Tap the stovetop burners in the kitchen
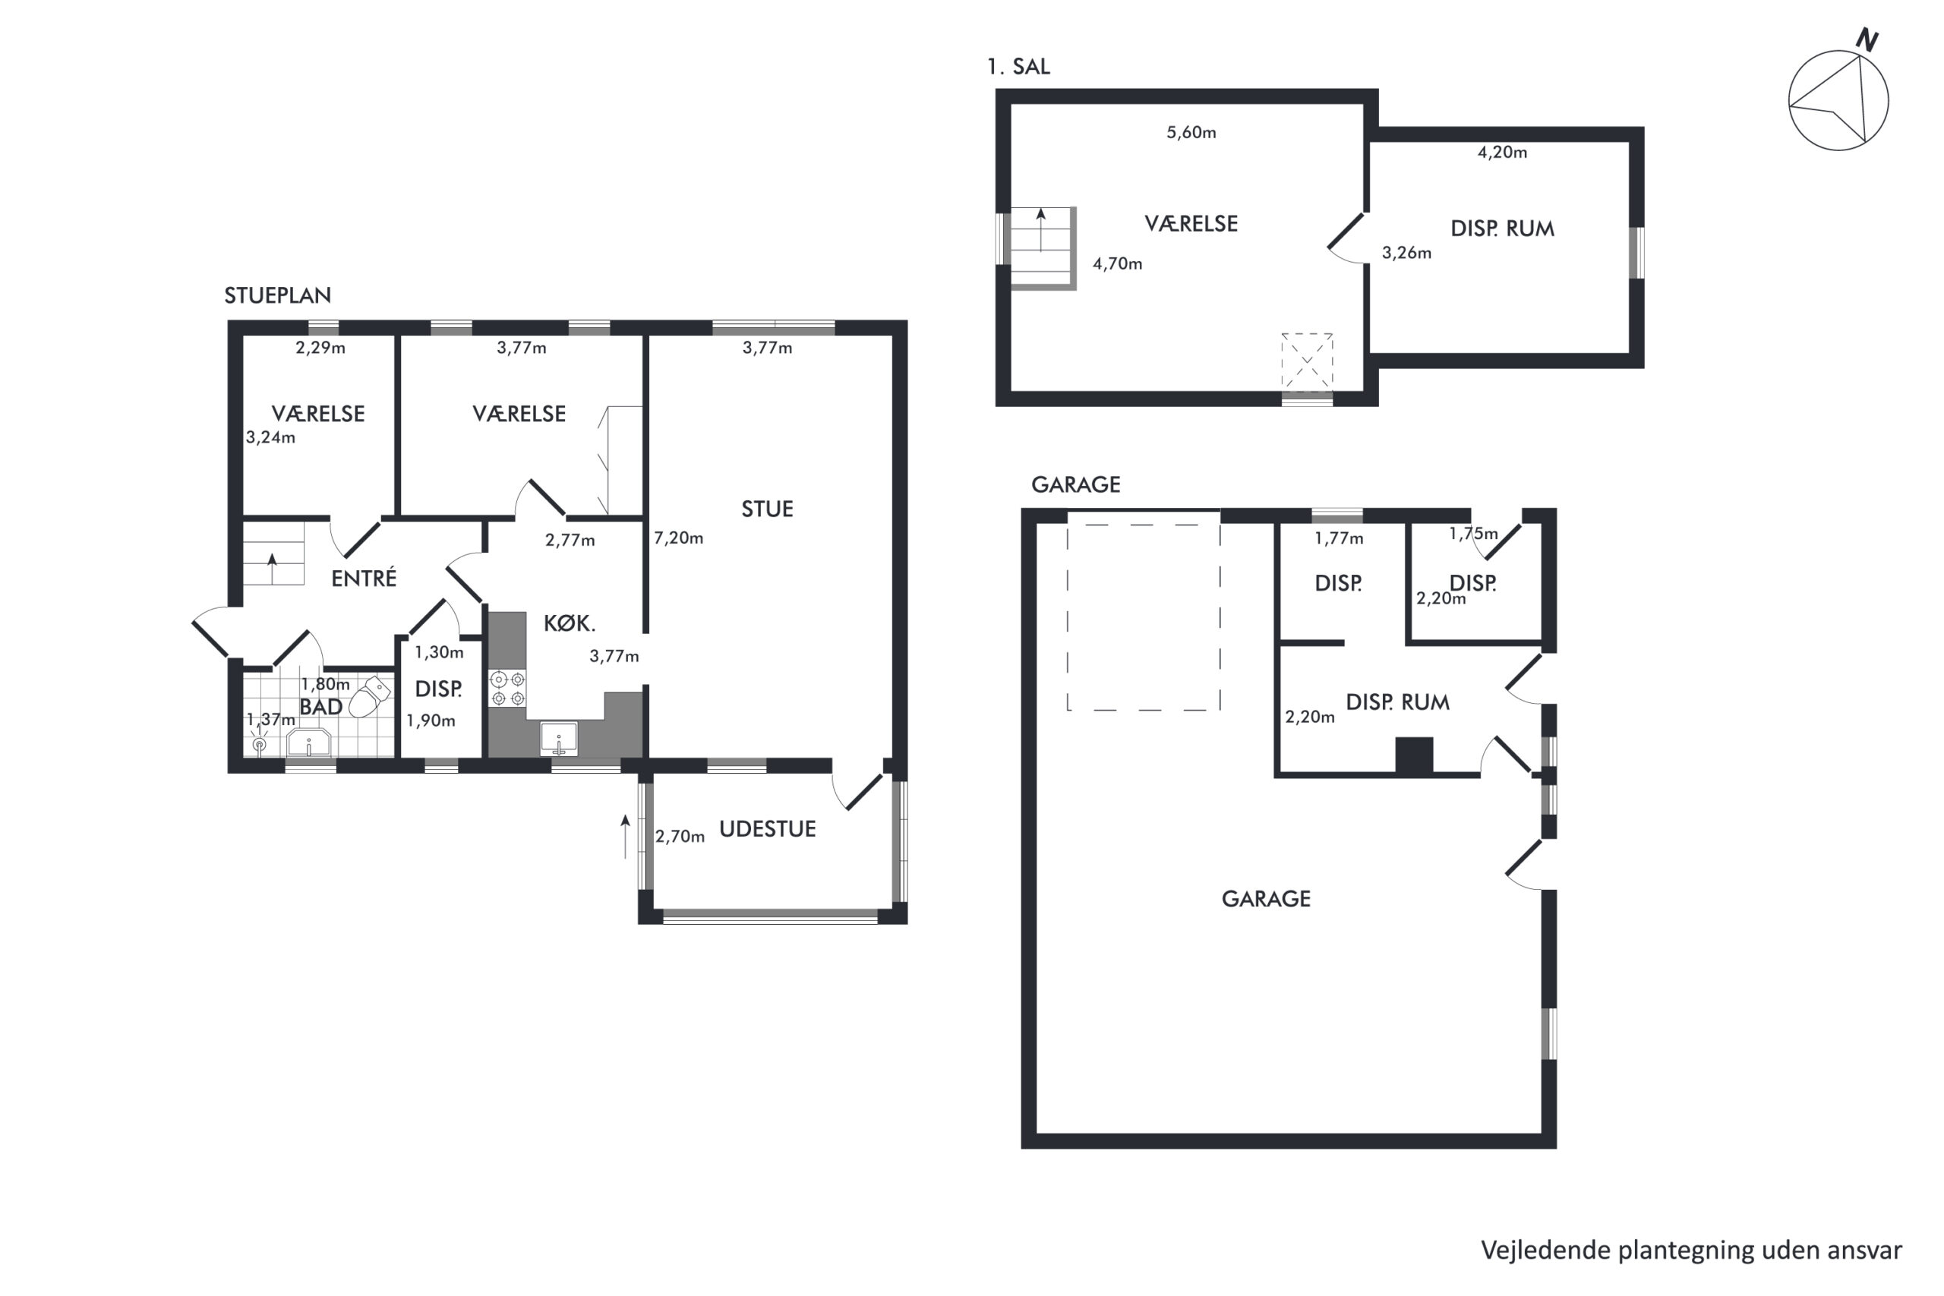(x=507, y=689)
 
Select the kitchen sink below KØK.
(x=559, y=738)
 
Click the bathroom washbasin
(x=308, y=743)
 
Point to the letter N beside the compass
(x=1867, y=39)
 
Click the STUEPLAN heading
(x=278, y=295)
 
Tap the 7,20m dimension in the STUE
(x=679, y=538)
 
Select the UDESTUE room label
(x=767, y=829)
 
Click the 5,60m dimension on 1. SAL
(x=1191, y=132)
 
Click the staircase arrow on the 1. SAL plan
(x=1040, y=229)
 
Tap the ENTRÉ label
(x=364, y=578)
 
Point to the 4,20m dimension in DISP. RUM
(x=1502, y=152)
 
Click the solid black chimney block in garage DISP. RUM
(x=1414, y=755)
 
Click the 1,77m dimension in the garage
(x=1339, y=539)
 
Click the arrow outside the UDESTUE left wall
(x=625, y=837)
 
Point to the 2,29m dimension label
(x=320, y=348)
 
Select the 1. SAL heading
(x=1018, y=66)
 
